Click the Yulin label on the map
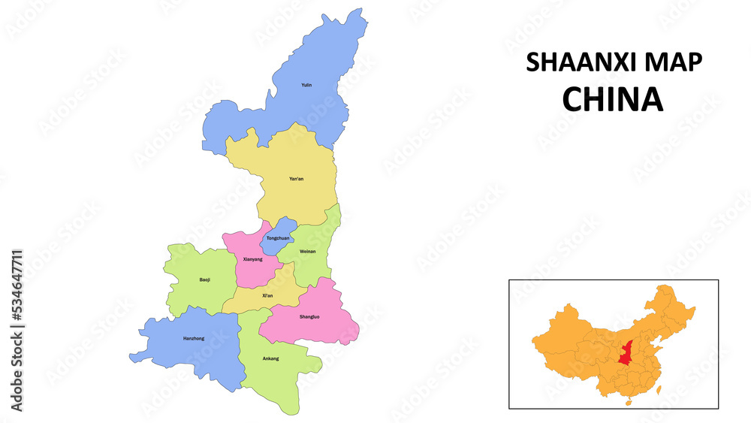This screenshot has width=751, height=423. (306, 85)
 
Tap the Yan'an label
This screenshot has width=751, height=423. (297, 179)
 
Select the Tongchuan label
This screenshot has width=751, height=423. (278, 238)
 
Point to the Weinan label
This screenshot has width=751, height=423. (307, 251)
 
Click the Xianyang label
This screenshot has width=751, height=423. (253, 259)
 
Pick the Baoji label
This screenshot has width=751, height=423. (205, 279)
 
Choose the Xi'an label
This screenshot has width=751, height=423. (267, 295)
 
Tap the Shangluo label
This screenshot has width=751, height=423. (309, 316)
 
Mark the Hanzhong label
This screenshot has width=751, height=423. (194, 338)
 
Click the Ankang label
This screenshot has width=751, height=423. (270, 358)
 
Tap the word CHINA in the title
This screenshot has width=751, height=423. (613, 99)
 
